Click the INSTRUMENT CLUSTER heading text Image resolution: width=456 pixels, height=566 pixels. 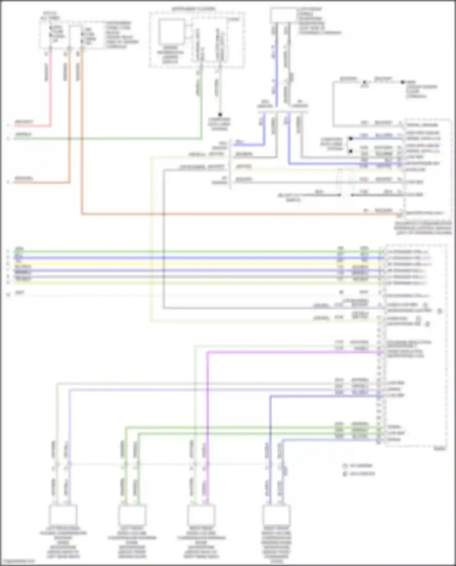coord(193,9)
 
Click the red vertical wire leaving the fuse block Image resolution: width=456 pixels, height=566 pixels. coord(50,88)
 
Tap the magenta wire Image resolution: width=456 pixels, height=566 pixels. coord(207,426)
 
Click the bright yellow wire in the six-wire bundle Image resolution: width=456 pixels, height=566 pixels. coord(182,264)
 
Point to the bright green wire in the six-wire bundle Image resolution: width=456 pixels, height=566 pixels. coord(182,252)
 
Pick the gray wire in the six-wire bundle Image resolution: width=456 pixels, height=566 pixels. coord(182,277)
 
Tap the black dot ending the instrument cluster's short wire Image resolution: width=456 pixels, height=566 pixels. coord(220,115)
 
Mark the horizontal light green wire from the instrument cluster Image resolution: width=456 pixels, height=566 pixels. coord(106,139)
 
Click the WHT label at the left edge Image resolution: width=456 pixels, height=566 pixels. coord(20,293)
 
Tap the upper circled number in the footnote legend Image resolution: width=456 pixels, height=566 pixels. coord(345,466)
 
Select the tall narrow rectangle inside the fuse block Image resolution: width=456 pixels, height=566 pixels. coord(75,36)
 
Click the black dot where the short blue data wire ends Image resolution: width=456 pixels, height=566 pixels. coord(351,139)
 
